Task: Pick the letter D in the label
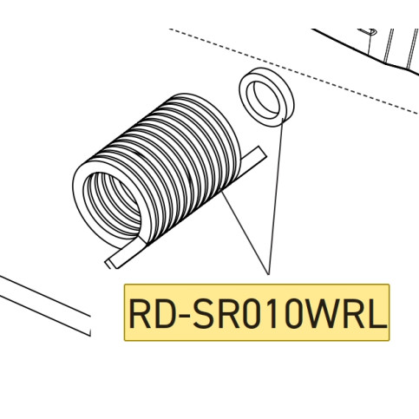(x=163, y=313)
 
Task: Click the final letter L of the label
(x=377, y=313)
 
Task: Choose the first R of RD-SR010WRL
(x=140, y=313)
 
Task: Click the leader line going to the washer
(x=276, y=196)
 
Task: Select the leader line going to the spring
(x=246, y=232)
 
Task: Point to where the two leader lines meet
(x=269, y=274)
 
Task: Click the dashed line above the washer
(x=293, y=71)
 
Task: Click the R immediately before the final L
(x=354, y=313)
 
